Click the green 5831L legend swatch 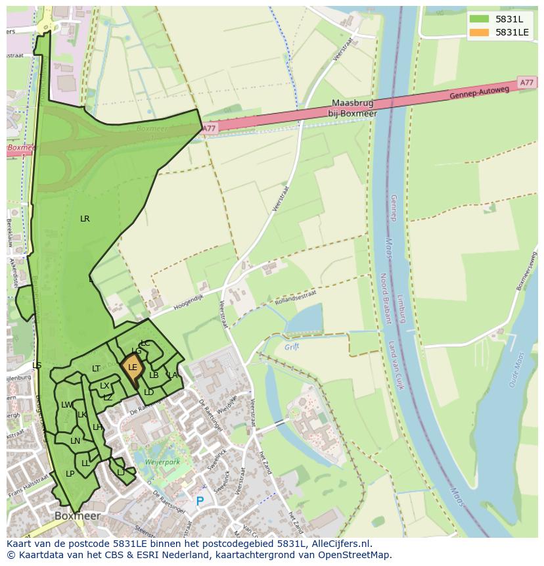coord(480,20)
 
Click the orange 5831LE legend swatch coord(480,32)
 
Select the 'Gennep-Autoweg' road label coord(479,92)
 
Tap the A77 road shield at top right coord(526,83)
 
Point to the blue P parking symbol coord(200,502)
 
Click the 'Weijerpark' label coord(162,463)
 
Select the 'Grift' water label coord(292,346)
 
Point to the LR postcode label coord(85,219)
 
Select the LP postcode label coord(70,473)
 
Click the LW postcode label coord(66,405)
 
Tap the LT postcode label coord(96,369)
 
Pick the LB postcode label coord(154,375)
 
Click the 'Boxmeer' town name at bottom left coord(78,516)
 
